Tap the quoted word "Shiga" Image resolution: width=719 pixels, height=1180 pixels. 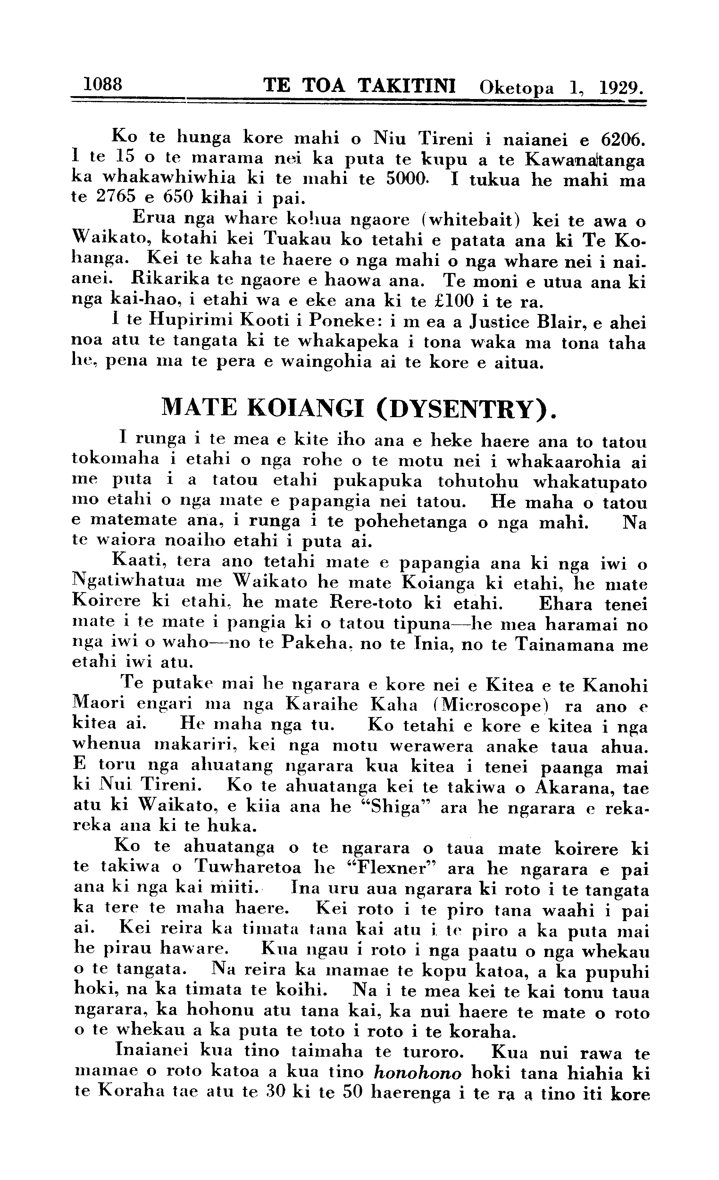(x=396, y=807)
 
